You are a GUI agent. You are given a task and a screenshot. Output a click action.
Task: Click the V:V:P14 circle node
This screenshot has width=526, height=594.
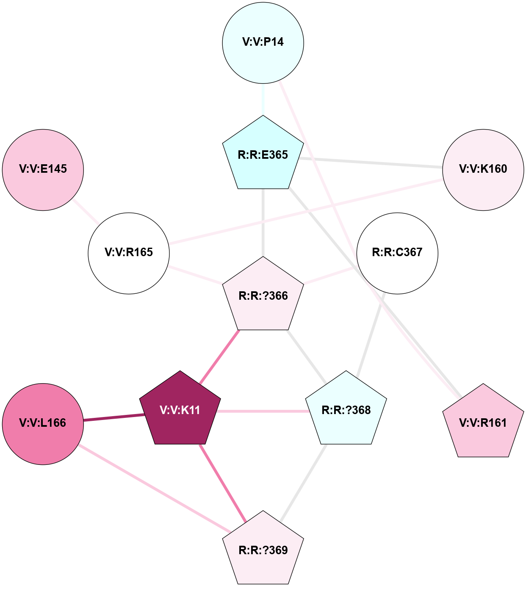click(x=263, y=42)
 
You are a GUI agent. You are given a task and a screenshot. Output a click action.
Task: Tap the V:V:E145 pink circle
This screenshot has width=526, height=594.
click(x=43, y=169)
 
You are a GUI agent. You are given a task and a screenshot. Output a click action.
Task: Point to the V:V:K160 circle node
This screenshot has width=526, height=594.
click(x=483, y=169)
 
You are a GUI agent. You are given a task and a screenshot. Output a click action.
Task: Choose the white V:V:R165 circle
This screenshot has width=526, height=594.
click(x=129, y=253)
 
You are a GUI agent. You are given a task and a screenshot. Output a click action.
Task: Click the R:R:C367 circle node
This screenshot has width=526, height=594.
click(x=397, y=253)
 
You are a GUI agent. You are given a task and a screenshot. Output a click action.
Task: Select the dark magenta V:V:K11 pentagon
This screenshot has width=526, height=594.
click(x=180, y=410)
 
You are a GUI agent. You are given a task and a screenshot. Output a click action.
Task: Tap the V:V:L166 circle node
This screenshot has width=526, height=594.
click(x=43, y=423)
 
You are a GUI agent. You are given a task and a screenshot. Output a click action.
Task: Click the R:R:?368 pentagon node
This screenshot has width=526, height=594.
click(x=346, y=410)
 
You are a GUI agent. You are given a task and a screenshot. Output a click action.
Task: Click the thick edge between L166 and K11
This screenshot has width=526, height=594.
click(x=112, y=418)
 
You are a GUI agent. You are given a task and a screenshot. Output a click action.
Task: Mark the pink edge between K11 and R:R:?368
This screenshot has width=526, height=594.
click(x=263, y=411)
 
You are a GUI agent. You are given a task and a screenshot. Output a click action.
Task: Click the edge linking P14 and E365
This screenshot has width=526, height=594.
click(x=263, y=99)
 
